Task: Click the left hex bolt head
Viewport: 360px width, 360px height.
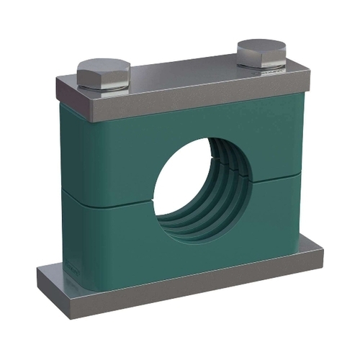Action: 103,74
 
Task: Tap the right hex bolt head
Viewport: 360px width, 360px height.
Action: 261,53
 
